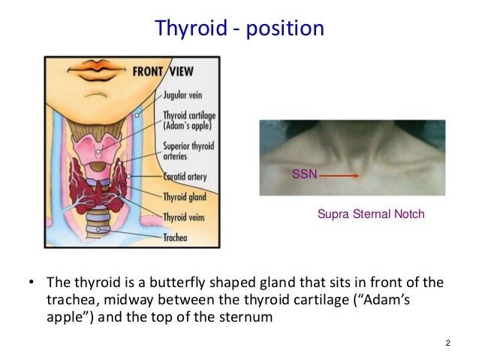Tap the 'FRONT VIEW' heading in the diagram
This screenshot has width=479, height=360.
(x=162, y=73)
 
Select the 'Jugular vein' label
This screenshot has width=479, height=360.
(x=188, y=96)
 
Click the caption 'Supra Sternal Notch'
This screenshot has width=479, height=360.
(x=372, y=214)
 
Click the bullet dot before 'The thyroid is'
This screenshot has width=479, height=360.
(x=32, y=284)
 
